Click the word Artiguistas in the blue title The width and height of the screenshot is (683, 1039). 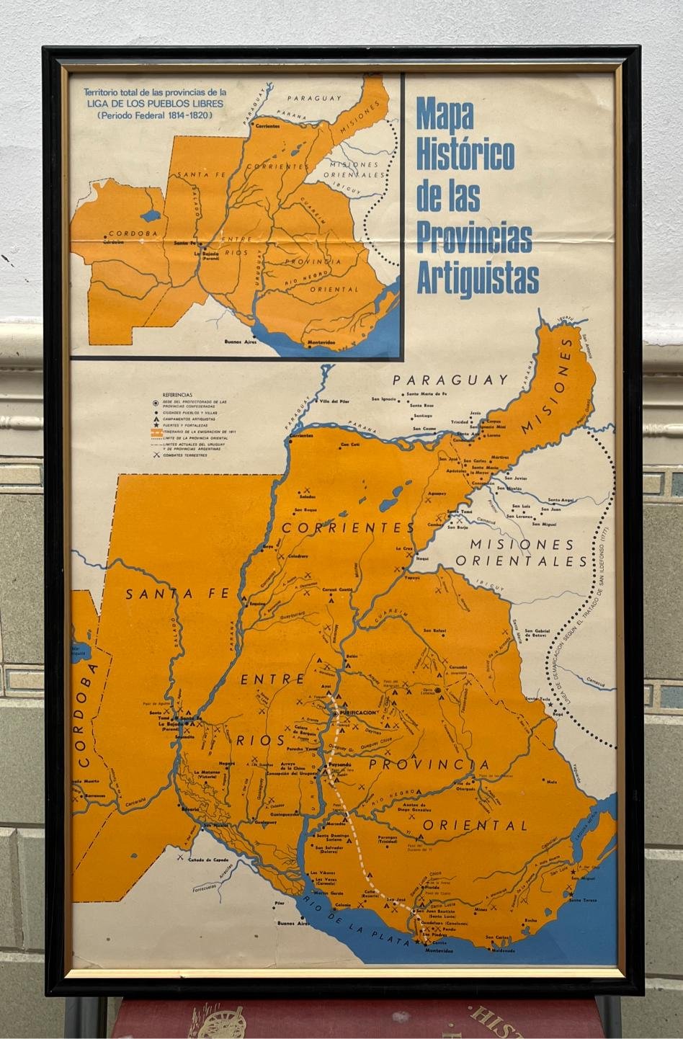coord(477,277)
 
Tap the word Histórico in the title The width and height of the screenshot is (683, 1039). coord(465,153)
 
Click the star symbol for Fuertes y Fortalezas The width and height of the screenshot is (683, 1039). coord(156,426)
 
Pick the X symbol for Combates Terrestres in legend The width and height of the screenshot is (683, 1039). coord(156,455)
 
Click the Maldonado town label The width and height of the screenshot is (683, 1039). coord(504,950)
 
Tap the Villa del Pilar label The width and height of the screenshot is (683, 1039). coord(334,400)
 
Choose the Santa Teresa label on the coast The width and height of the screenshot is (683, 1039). coord(584,900)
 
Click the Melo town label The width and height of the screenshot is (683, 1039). coord(552,781)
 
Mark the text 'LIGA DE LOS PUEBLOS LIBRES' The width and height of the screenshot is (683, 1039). coord(155,103)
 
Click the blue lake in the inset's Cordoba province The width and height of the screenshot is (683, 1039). coord(151,215)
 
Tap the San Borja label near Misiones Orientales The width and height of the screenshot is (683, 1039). coord(459,527)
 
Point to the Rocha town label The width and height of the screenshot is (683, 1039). coord(531,920)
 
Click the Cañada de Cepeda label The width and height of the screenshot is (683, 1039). coord(208,860)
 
